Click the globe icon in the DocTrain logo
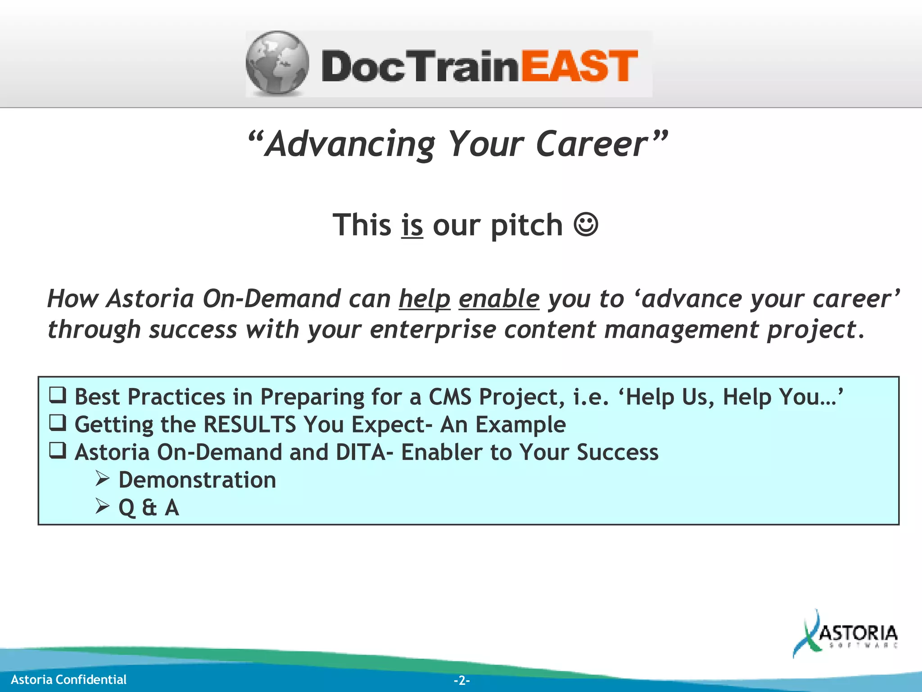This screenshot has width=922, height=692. (x=277, y=63)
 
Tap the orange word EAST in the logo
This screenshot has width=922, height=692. (x=579, y=67)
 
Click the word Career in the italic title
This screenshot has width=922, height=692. (x=592, y=145)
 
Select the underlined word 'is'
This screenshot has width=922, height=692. (x=412, y=225)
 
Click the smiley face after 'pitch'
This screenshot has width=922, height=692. (x=586, y=224)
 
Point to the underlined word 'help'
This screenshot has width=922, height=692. (x=425, y=299)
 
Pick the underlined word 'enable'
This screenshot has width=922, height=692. (x=499, y=299)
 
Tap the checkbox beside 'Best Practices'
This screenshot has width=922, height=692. (x=58, y=396)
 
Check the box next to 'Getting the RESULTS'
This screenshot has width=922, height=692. (x=58, y=423)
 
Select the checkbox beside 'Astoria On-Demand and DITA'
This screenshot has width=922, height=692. (x=58, y=451)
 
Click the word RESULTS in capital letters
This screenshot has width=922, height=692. (x=249, y=425)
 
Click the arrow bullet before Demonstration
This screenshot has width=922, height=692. (x=102, y=478)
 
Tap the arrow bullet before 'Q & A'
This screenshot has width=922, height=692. (x=102, y=506)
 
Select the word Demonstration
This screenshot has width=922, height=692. (x=197, y=480)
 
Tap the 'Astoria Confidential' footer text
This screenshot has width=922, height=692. (x=68, y=679)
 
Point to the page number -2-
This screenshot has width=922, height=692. (x=461, y=680)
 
